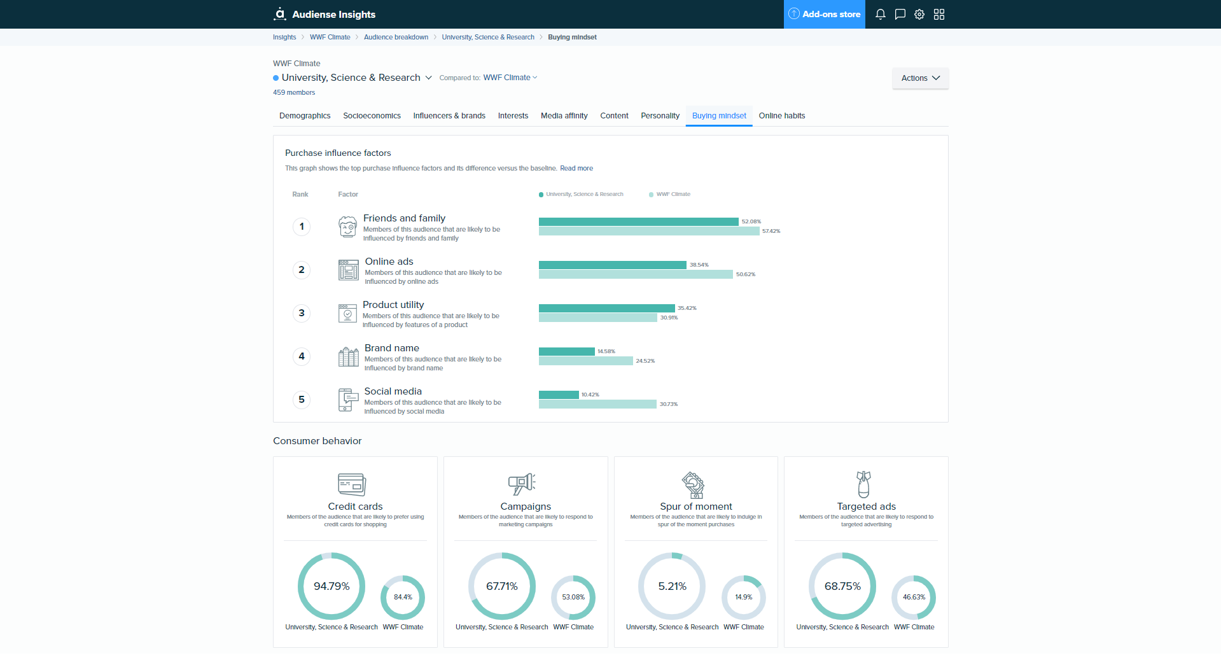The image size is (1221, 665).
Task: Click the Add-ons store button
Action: point(824,14)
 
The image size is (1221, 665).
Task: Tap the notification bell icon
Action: point(880,14)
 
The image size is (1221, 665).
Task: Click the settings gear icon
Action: point(919,14)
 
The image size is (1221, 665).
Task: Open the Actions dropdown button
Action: point(920,78)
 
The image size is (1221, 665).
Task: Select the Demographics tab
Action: point(305,116)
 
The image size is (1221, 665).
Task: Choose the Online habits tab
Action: point(781,116)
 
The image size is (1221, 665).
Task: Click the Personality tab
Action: point(660,116)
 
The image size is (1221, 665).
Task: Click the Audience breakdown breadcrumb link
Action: point(396,37)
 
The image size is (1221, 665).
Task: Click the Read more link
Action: point(576,169)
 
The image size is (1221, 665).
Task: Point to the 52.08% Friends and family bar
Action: point(638,221)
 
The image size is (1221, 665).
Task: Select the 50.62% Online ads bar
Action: point(636,274)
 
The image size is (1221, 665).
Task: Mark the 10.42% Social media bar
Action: point(559,395)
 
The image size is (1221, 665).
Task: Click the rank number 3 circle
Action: point(302,313)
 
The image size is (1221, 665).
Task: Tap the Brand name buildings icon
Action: point(348,357)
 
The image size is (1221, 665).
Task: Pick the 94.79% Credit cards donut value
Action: point(331,586)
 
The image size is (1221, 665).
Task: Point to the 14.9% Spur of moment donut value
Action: point(743,597)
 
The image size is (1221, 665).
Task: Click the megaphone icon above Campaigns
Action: point(522,484)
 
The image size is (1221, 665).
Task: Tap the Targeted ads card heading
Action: point(866,507)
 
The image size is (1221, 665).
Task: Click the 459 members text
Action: point(294,92)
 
